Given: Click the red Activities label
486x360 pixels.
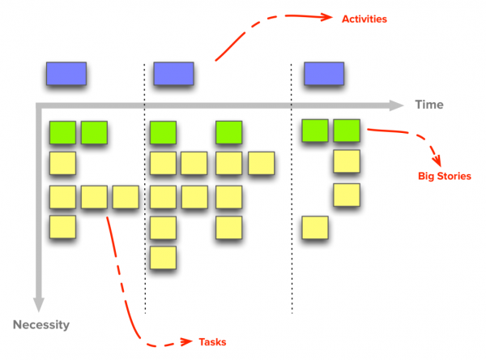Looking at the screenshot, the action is point(364,19).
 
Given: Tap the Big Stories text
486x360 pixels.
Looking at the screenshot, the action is point(445,176).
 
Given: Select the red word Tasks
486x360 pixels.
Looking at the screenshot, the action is point(212,342).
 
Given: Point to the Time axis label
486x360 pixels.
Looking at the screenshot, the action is point(429,105).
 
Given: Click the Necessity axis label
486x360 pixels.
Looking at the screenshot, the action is point(41,325).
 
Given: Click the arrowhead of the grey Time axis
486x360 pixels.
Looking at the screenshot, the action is point(396,105).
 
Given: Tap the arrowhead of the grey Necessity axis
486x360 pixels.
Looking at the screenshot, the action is point(39,305).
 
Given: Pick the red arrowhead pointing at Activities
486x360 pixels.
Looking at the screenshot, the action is point(326,17).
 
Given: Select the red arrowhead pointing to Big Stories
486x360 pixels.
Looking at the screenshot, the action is point(437,161).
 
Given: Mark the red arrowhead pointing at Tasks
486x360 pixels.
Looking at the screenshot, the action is point(186,341).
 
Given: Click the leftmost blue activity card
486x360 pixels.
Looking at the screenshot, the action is point(66,74).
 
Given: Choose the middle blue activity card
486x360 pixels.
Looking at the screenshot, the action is point(173,74).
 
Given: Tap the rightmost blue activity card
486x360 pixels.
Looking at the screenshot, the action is point(324,74).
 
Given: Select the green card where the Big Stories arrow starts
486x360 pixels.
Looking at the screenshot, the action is point(347,131).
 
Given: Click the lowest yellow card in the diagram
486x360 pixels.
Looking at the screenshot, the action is point(163,258).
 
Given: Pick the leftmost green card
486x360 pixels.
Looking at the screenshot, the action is point(62,132).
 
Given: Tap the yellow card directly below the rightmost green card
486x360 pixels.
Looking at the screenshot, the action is point(347,161).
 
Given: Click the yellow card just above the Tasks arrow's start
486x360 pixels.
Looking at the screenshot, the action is point(94,197).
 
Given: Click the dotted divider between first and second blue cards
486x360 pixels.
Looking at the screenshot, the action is point(144,189).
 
